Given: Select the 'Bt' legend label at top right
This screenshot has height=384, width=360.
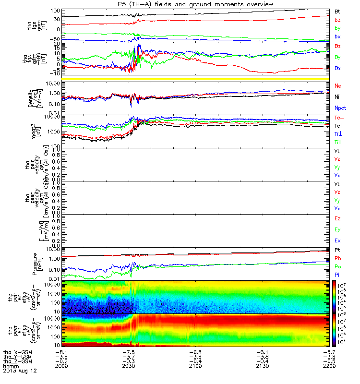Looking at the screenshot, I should click(338, 11).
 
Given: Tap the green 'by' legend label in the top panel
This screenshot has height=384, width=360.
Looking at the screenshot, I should click(338, 28).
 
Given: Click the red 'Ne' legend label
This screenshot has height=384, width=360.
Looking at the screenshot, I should click(338, 85).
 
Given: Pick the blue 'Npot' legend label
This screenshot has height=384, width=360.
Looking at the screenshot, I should click(340, 108).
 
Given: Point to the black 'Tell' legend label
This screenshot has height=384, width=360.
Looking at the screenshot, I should click(339, 125).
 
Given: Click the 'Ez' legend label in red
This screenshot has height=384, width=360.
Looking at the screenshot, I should click(338, 219).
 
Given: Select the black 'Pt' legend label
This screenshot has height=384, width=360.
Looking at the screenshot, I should click(337, 251).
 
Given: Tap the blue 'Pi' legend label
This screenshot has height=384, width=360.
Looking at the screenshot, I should click(337, 274).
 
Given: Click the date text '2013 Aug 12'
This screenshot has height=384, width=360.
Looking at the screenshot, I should click(20, 371).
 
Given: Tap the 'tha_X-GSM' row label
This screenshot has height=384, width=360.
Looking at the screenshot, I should click(18, 352).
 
